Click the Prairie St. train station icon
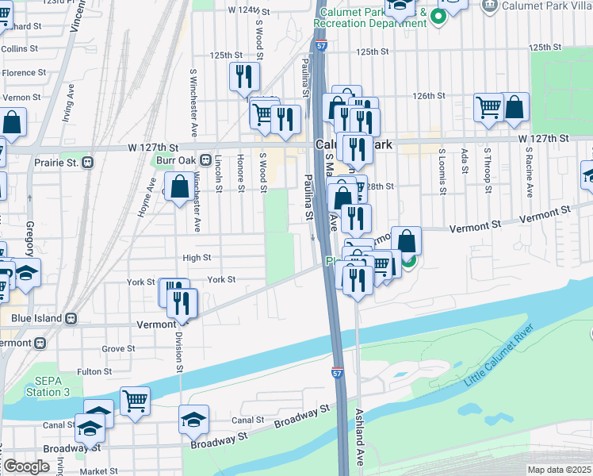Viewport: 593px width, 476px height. coord(87,162)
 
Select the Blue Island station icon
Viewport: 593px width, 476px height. coord(71,318)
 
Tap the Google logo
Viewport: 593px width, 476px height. coord(26,466)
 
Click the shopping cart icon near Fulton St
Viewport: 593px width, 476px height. coord(135,399)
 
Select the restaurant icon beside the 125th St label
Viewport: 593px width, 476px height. coord(243,75)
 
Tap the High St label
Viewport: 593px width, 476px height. coord(197,258)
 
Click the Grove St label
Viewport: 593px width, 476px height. coord(118,348)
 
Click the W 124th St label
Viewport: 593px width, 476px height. coord(243,10)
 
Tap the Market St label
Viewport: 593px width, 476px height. coord(99,471)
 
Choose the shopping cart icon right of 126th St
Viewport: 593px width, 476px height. coord(488,107)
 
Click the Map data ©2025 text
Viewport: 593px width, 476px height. coord(559,470)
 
